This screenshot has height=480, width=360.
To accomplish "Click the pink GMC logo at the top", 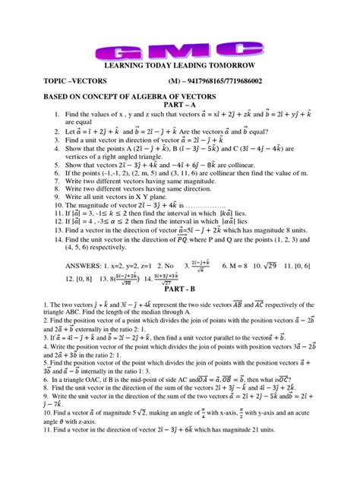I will [x=181, y=52].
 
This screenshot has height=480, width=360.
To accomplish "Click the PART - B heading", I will [x=180, y=289].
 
